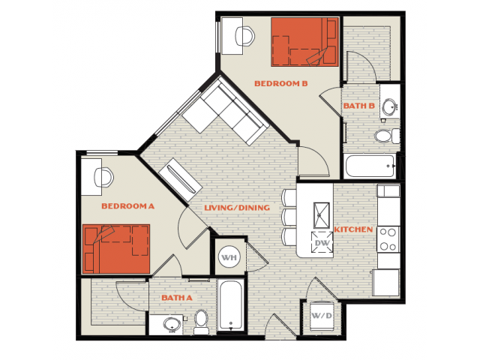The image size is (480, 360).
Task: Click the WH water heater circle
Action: coord(229,257)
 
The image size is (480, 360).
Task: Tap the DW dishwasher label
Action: coord(322,243)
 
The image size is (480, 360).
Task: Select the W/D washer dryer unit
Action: coord(322,316)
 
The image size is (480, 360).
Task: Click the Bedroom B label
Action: coord(281,83)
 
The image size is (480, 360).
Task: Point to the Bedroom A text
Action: coord(128,206)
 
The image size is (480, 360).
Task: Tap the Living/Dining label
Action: coord(237,208)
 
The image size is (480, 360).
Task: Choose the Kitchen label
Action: coord(353,229)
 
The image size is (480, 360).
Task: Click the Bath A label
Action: coord(177,298)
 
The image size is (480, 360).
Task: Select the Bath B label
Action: coord(359,106)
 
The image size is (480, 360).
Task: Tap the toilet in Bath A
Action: coord(201,322)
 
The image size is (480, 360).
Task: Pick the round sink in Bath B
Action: coord(389,106)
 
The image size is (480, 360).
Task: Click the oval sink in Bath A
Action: coord(172,324)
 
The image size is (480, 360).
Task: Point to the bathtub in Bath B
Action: coord(370,166)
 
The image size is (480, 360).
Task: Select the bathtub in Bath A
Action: coord(231,305)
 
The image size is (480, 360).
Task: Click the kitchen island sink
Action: coord(322,215)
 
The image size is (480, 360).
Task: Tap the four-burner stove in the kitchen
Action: coord(388,239)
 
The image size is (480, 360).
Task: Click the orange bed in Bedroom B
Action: coord(304,42)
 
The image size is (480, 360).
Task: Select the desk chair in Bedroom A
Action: coord(103,178)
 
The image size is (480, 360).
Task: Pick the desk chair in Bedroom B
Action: coord(245,37)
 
